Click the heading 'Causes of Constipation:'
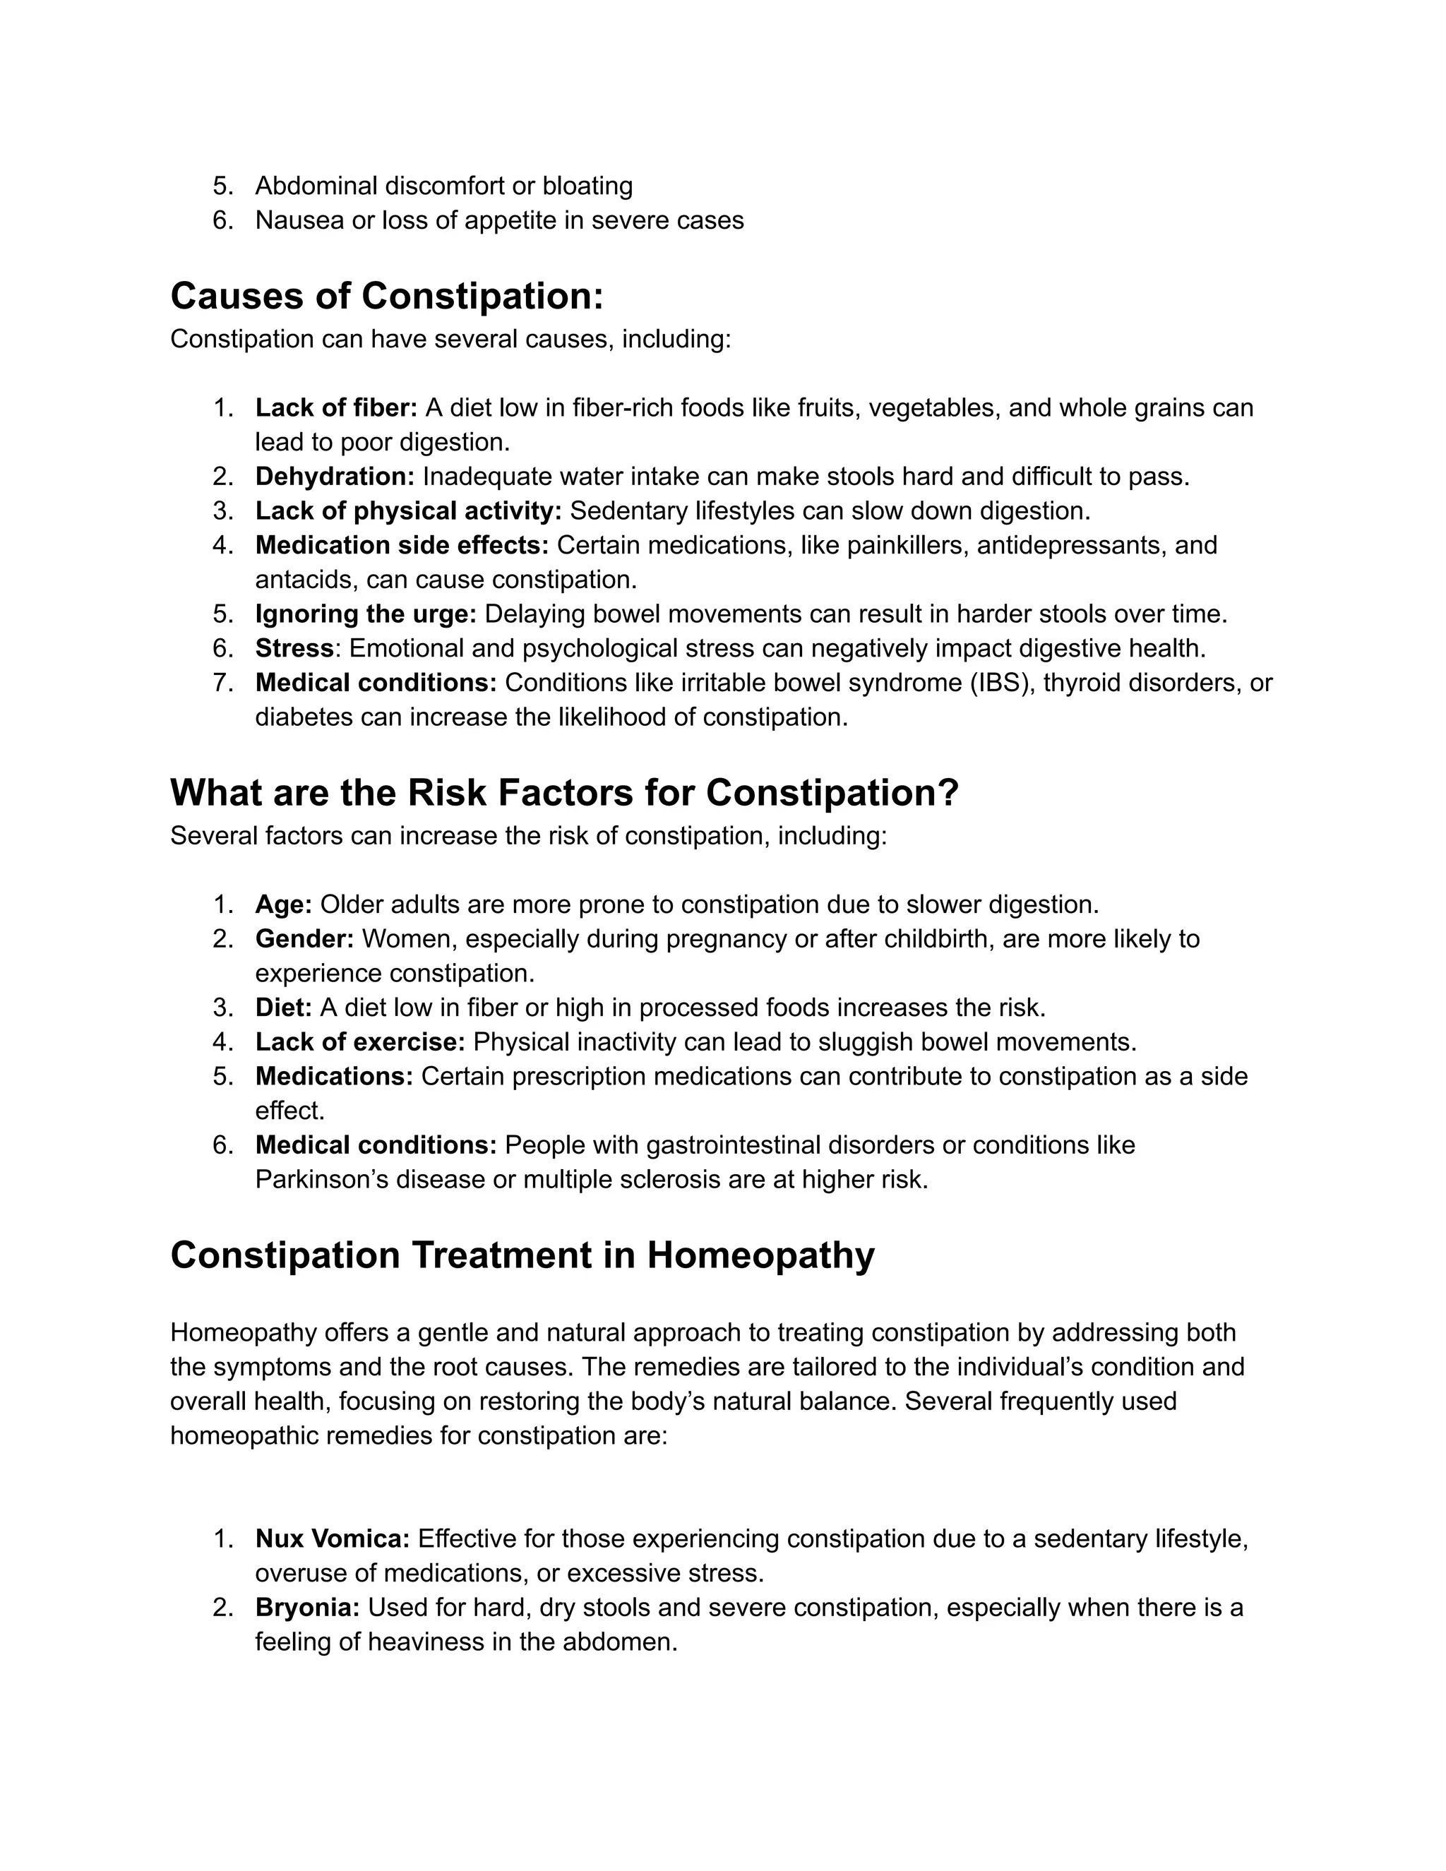tap(387, 297)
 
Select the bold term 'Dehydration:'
tap(334, 477)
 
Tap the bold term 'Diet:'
tap(284, 1008)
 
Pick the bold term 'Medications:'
tap(334, 1076)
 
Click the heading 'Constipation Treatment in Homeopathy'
tap(522, 1255)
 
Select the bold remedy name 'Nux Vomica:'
tap(333, 1538)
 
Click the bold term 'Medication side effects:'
tap(402, 545)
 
